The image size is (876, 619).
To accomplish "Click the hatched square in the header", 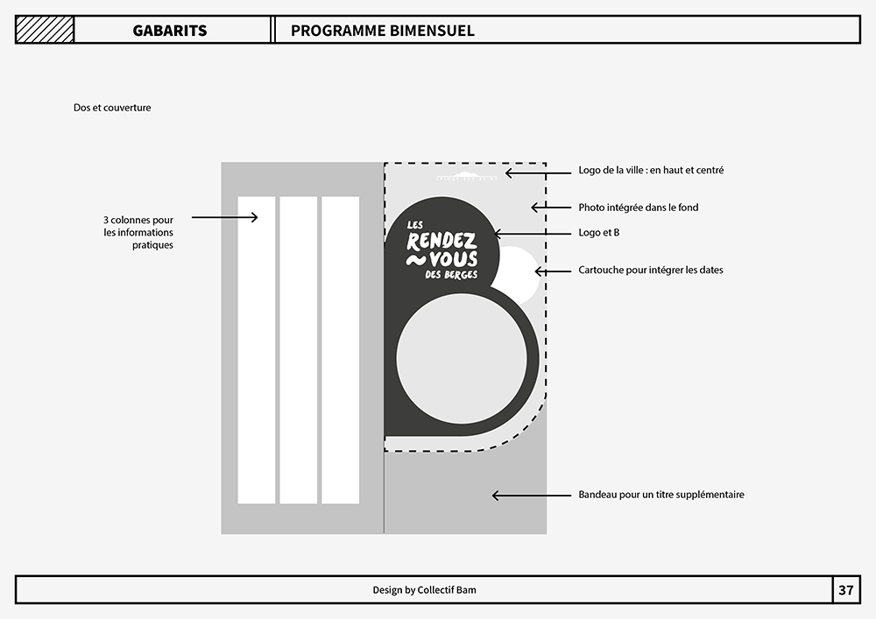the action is tap(45, 30).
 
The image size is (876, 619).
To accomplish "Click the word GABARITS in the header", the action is tap(170, 31).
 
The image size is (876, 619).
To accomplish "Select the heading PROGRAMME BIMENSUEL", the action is tap(383, 31).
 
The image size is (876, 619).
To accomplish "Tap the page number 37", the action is tap(846, 590).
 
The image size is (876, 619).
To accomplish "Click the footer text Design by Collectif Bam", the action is tap(425, 590).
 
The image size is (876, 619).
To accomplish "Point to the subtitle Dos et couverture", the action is tap(112, 108).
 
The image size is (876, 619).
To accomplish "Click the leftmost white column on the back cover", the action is tap(257, 350).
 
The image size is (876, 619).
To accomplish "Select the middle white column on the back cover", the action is tap(299, 350).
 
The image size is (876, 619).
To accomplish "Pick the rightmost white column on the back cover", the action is tap(340, 350).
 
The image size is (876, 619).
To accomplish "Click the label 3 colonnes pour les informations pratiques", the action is tap(138, 232).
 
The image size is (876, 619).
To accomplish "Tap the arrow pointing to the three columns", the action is tap(224, 217).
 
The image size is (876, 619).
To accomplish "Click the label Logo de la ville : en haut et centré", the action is tap(651, 170).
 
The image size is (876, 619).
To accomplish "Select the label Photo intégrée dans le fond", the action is tap(639, 208).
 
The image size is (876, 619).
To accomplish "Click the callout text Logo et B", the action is tap(599, 233).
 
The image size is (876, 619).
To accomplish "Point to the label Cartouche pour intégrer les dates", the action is tap(651, 271).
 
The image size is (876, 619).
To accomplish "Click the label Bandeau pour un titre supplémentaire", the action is tap(661, 495).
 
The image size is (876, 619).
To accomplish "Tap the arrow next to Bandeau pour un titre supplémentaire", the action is tap(532, 495).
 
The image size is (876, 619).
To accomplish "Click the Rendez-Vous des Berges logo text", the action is tap(442, 250).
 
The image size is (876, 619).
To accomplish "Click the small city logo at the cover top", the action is tap(466, 176).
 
